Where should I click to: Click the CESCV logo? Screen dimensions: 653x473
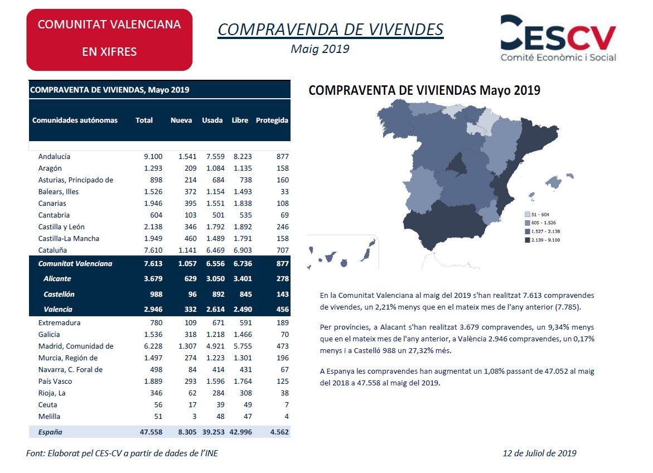[x=558, y=38]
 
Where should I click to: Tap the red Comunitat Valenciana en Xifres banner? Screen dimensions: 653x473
[x=109, y=40]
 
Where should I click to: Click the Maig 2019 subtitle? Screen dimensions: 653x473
[x=320, y=49]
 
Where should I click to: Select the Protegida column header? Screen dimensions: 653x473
[x=272, y=120]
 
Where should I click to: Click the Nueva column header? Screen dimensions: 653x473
[x=181, y=120]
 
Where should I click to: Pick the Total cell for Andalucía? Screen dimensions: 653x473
[x=153, y=156]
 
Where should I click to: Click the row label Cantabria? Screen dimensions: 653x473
[x=54, y=215]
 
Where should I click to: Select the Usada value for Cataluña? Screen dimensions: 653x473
[x=215, y=250]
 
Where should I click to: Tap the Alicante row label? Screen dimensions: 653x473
[x=57, y=278]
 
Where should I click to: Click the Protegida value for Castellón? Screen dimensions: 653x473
[x=282, y=294]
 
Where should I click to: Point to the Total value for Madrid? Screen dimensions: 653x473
[x=153, y=346]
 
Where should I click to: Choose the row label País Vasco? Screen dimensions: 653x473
[x=55, y=381]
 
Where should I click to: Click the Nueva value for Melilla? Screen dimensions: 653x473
[x=194, y=416]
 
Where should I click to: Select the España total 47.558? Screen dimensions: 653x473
[x=151, y=432]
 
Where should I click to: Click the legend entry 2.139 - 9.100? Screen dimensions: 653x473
[x=543, y=240]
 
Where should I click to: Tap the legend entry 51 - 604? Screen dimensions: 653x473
[x=537, y=214]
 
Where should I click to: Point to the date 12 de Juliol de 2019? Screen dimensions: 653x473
[x=539, y=453]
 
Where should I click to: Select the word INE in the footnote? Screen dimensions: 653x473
[x=210, y=453]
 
